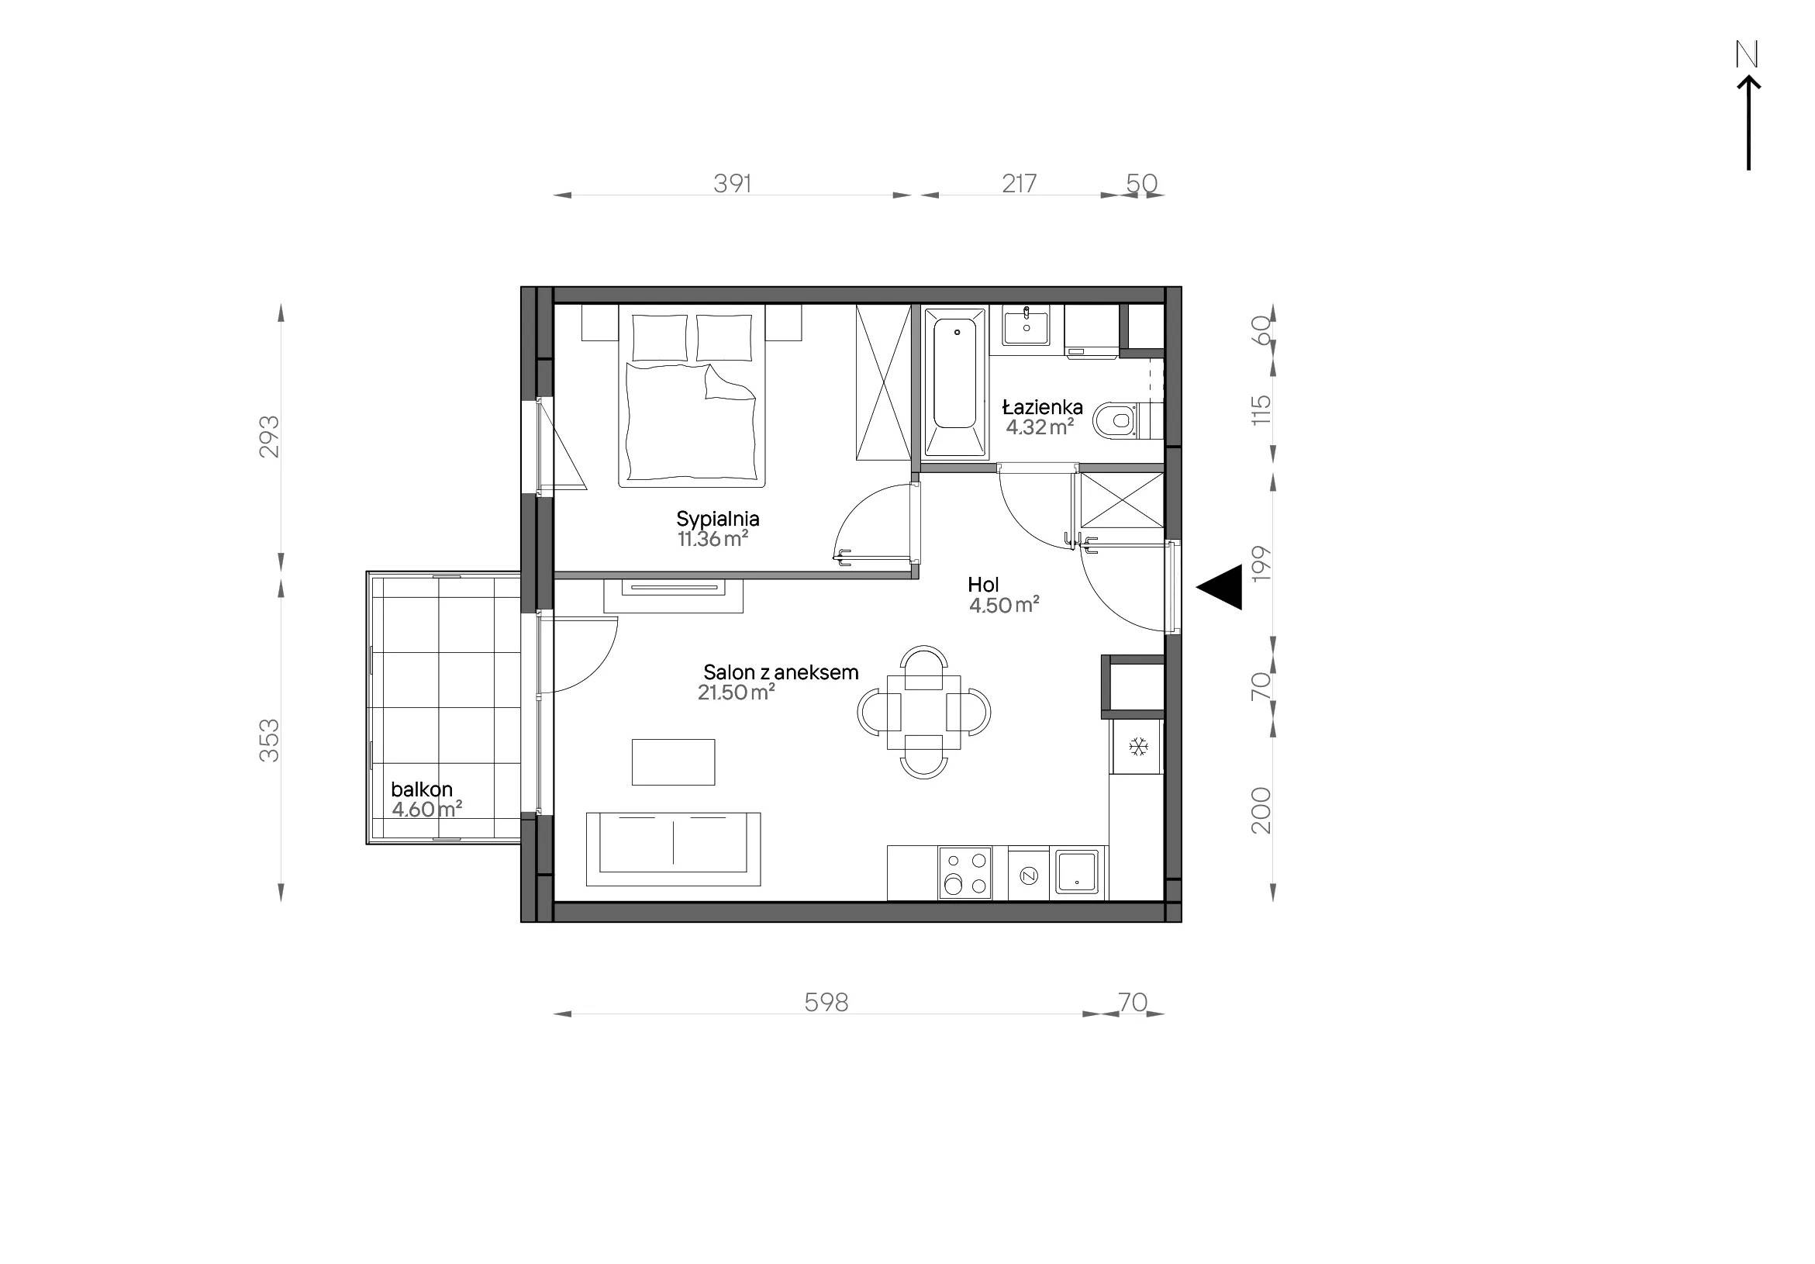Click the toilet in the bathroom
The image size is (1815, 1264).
click(x=1121, y=420)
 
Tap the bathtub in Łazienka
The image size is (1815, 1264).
click(x=955, y=382)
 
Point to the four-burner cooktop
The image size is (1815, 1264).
click(x=965, y=872)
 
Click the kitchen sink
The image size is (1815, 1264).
click(x=1078, y=872)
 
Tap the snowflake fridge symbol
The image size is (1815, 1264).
click(x=1138, y=746)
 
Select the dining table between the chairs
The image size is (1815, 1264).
click(x=924, y=711)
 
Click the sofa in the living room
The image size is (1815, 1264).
click(x=674, y=849)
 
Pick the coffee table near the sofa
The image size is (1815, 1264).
click(x=674, y=762)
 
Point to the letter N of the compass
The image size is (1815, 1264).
click(x=1747, y=54)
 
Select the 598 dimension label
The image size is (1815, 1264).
click(x=826, y=1003)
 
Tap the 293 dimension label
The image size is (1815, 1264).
click(x=270, y=437)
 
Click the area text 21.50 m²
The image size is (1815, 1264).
click(x=736, y=692)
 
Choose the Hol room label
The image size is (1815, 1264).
click(x=983, y=585)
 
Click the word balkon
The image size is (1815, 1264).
click(x=422, y=789)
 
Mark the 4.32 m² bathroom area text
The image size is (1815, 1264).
click(x=1040, y=427)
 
